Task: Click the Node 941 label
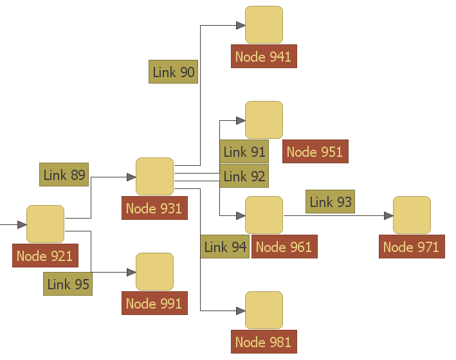pyautogui.click(x=263, y=57)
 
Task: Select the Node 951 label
pyautogui.click(x=315, y=152)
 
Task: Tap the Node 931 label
pyautogui.click(x=154, y=208)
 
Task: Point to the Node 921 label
pyautogui.click(x=44, y=256)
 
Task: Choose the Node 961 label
pyautogui.click(x=284, y=247)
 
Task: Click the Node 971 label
pyautogui.click(x=411, y=247)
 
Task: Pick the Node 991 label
pyautogui.click(x=154, y=303)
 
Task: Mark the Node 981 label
pyautogui.click(x=263, y=342)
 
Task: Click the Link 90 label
pyautogui.click(x=174, y=72)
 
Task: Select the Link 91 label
pyautogui.click(x=244, y=152)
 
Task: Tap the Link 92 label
pyautogui.click(x=244, y=175)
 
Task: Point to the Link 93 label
pyautogui.click(x=331, y=202)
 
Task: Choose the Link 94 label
pyautogui.click(x=224, y=247)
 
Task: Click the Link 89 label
pyautogui.click(x=64, y=175)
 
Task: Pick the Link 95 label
pyautogui.click(x=68, y=283)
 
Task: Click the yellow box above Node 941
pyautogui.click(x=264, y=25)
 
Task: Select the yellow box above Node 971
pyautogui.click(x=412, y=215)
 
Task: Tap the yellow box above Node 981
pyautogui.click(x=264, y=310)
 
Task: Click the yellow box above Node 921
pyautogui.click(x=45, y=224)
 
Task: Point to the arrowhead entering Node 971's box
pyautogui.click(x=388, y=215)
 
